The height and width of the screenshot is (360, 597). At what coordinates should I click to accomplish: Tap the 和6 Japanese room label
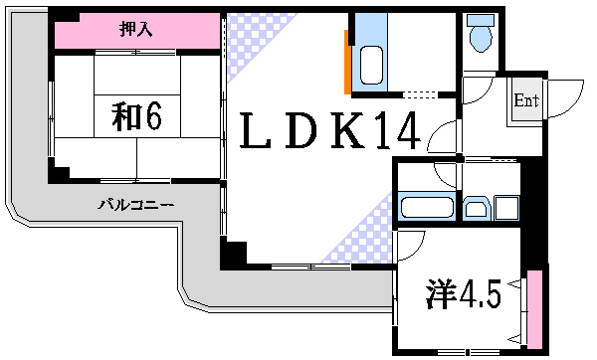coord(136,116)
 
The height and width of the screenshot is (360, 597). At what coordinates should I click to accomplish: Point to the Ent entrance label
coord(525,100)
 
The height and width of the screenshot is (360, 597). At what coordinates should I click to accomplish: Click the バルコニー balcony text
coord(136,205)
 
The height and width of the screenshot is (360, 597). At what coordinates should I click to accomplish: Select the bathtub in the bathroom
coord(427,208)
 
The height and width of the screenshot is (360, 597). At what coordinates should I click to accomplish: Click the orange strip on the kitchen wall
coord(346,60)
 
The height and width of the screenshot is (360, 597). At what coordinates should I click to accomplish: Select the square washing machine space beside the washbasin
coord(506,208)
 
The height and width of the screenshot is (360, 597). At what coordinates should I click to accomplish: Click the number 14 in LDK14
coord(402,132)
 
